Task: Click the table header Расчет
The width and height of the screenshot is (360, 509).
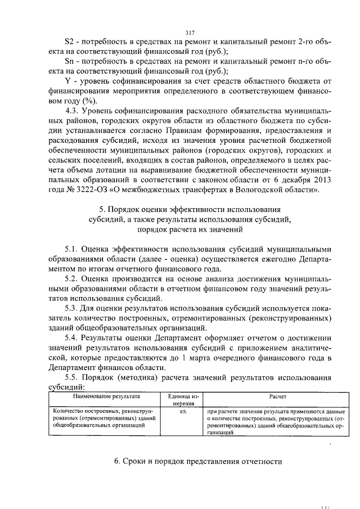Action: (277, 397)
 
